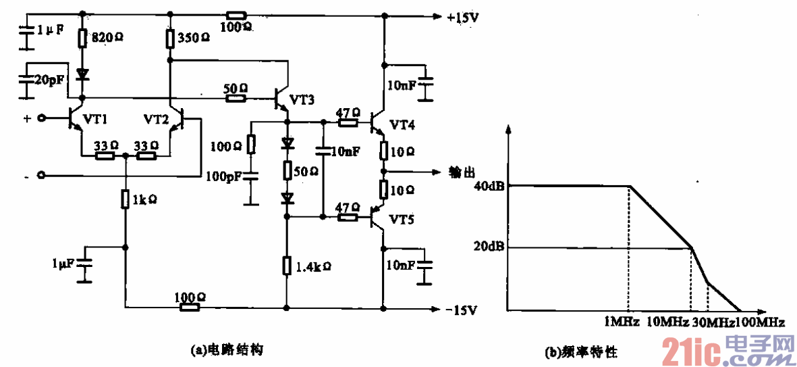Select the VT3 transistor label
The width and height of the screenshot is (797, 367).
[302, 100]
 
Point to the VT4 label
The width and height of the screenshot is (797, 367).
[403, 125]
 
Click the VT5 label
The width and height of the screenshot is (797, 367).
[403, 219]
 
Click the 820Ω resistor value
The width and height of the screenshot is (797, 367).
[107, 39]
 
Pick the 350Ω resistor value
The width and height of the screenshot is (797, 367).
[193, 39]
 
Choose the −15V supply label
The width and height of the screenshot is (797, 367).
[462, 310]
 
